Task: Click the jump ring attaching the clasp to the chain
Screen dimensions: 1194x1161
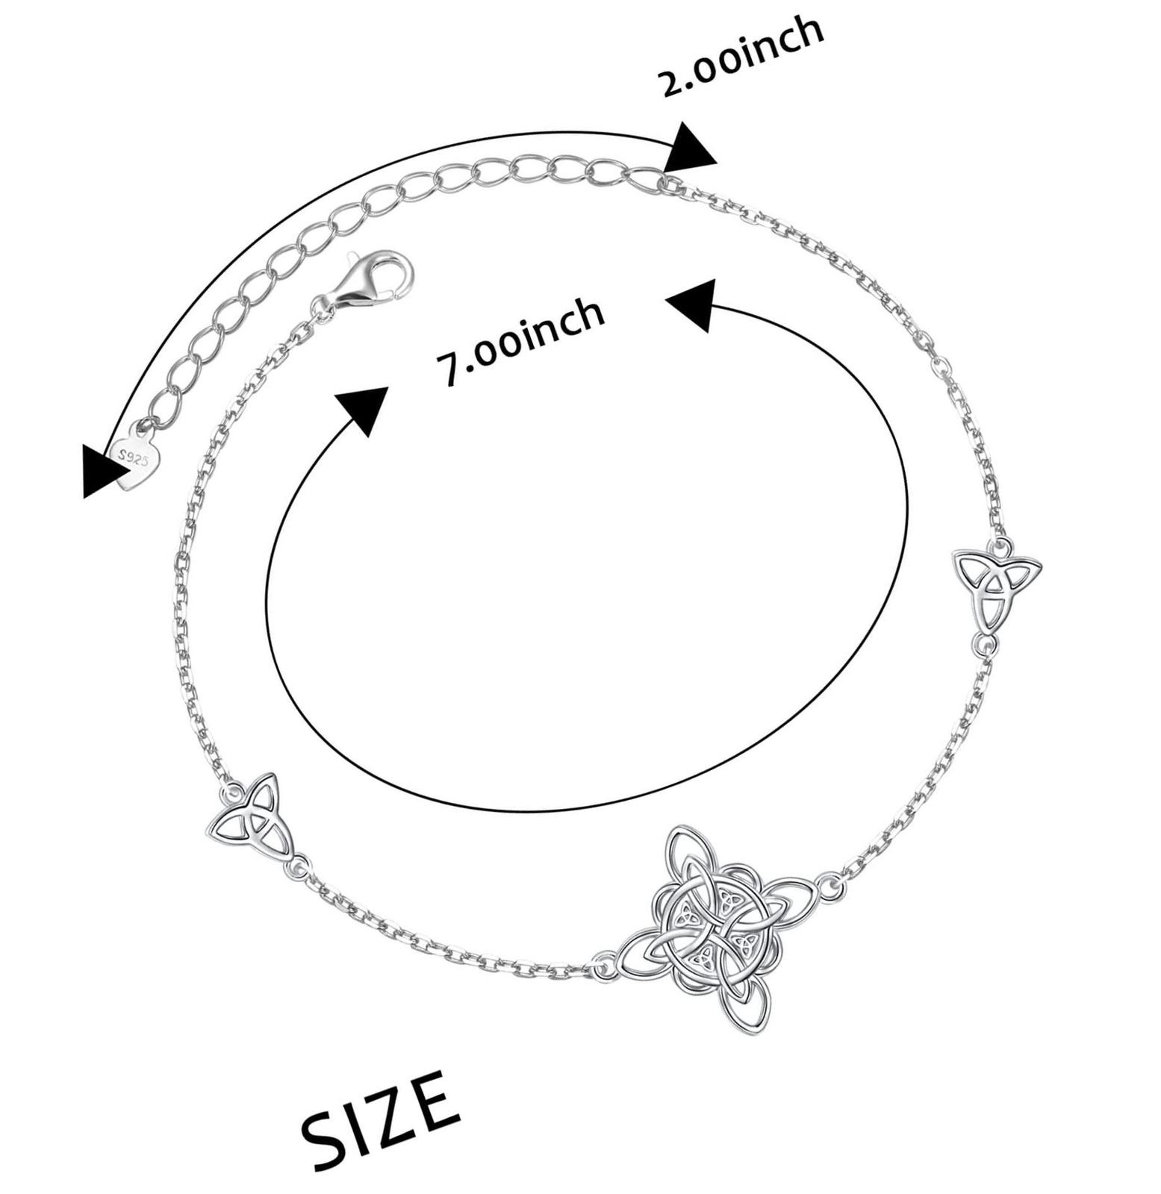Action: (x=323, y=304)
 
